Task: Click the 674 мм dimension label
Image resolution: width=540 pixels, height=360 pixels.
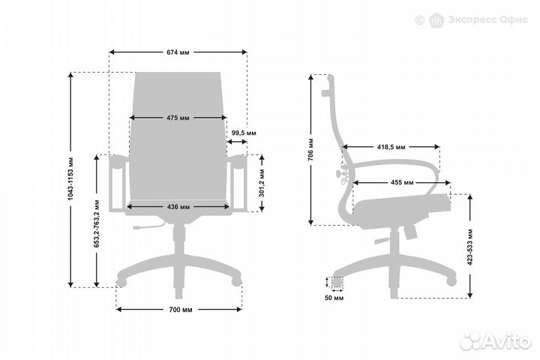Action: tap(178, 52)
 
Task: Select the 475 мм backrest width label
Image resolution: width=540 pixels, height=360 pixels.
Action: tap(178, 118)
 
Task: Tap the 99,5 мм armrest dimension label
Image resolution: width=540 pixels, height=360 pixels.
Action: tap(244, 133)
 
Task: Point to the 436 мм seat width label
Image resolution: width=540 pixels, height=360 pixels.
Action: tap(178, 207)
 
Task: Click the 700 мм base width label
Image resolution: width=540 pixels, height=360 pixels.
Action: tap(181, 310)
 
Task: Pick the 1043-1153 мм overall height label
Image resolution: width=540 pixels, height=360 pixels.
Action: tap(70, 179)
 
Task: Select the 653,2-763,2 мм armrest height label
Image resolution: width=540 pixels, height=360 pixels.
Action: tap(97, 223)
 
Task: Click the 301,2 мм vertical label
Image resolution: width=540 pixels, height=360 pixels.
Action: tap(262, 183)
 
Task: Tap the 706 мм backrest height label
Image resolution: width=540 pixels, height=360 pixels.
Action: tap(310, 149)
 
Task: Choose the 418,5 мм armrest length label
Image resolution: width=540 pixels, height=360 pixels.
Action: tap(391, 147)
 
